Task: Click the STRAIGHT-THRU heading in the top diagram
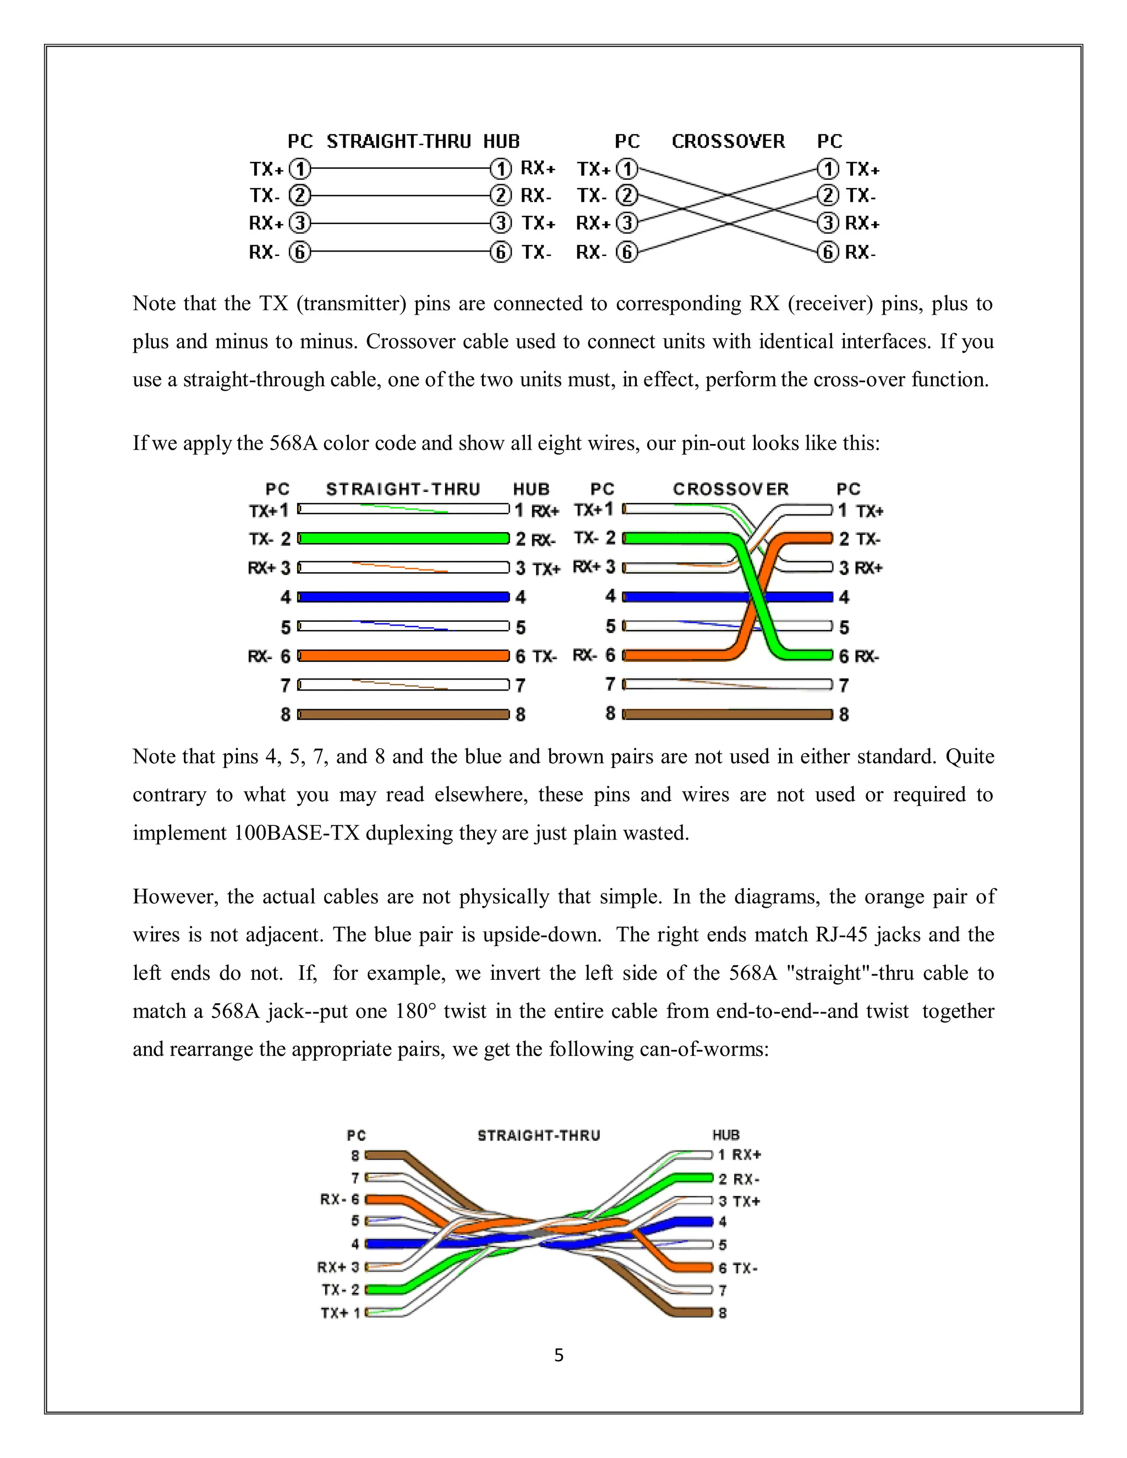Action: (398, 141)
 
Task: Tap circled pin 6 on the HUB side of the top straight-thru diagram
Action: (501, 253)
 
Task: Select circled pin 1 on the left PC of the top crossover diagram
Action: (626, 168)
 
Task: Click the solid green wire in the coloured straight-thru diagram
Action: (403, 538)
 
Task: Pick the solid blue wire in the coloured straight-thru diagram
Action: (403, 597)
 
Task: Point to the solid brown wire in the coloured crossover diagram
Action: (727, 714)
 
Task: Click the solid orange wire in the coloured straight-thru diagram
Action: (403, 656)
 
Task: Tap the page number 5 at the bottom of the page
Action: (559, 1355)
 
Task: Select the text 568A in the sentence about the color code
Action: (292, 443)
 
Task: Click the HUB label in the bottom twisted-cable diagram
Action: (726, 1135)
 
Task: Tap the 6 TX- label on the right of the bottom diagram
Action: (738, 1268)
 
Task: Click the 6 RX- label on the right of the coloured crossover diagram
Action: (858, 656)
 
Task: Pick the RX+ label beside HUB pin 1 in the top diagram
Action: (538, 168)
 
